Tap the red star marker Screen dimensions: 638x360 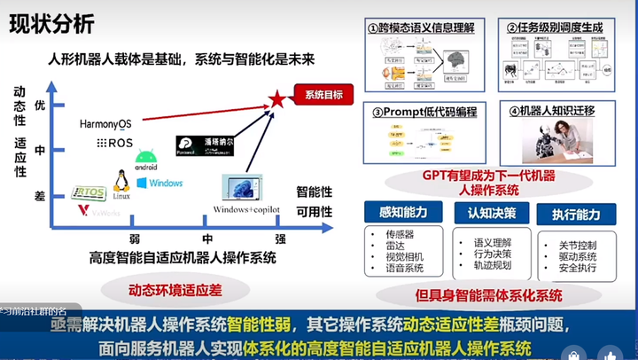(276, 99)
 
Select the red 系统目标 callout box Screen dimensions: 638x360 (323, 94)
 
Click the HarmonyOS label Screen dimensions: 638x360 (105, 123)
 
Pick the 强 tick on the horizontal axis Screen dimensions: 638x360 (280, 239)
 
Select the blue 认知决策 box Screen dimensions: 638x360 (486, 213)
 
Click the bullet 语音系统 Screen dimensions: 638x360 (400, 268)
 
